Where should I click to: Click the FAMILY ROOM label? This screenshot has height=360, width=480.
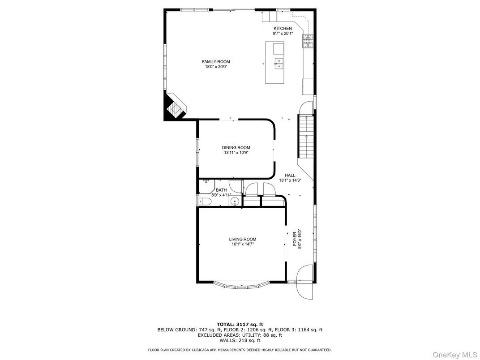[x=216, y=62]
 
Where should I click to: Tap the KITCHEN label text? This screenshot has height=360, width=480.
[x=283, y=29]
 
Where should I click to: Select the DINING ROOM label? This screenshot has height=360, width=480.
[x=236, y=148]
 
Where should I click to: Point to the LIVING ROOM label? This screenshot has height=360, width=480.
[x=243, y=240]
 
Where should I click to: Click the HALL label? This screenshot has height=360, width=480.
[x=290, y=176]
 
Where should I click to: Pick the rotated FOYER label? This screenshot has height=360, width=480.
[x=295, y=239]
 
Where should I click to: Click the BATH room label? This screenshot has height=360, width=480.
[x=221, y=190]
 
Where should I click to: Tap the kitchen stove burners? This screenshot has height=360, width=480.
[x=308, y=41]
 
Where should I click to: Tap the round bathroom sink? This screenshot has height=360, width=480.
[x=236, y=202]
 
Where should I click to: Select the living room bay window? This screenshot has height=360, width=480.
[x=242, y=284]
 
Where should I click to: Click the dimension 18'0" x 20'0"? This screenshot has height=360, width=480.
[x=216, y=67]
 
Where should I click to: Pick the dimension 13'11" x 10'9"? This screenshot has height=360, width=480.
[x=236, y=153]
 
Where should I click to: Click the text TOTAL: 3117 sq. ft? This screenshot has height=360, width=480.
[x=240, y=324]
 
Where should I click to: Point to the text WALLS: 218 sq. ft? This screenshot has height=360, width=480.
[x=240, y=340]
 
